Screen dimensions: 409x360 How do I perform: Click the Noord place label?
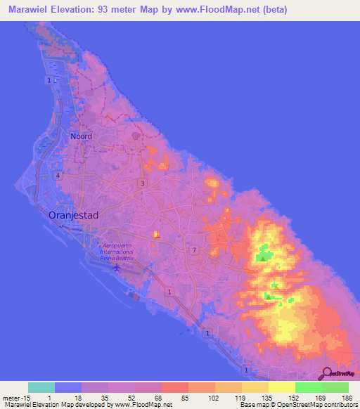(81, 136)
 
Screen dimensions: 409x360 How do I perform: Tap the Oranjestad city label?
(77, 216)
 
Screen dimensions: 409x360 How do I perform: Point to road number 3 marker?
(143, 183)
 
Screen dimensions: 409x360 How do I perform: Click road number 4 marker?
(58, 175)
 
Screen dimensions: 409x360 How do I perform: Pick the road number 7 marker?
(193, 250)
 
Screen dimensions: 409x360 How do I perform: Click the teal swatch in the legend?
(41, 387)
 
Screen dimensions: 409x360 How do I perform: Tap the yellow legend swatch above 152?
(281, 387)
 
